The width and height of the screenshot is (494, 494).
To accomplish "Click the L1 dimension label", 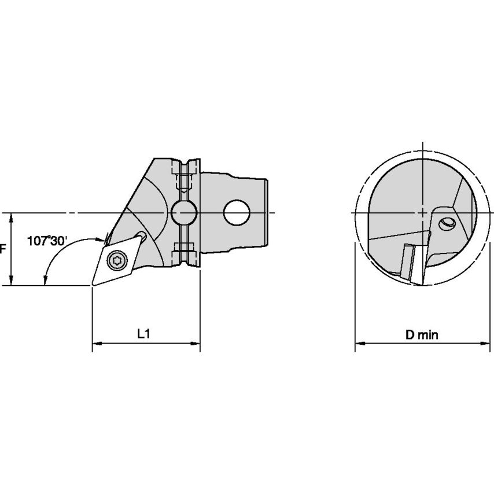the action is (x=143, y=334).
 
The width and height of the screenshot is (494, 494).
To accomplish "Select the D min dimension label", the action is (x=422, y=334).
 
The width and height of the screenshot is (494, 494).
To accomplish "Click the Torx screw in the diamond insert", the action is (x=117, y=260).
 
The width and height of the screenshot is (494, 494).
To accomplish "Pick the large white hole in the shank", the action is (x=237, y=213).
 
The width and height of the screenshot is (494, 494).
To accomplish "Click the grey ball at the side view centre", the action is (x=184, y=213).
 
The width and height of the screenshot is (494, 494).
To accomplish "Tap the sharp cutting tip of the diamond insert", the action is (x=93, y=285).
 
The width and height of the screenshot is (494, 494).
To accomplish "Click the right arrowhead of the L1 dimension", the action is (x=196, y=344).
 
